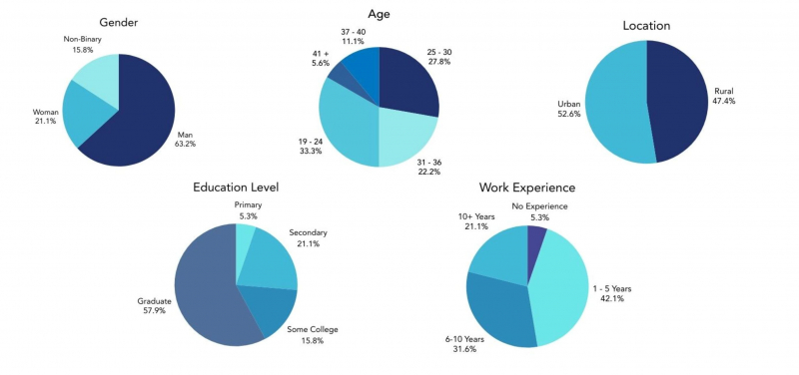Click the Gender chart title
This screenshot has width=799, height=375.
[x=119, y=22]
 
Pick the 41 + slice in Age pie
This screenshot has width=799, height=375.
[x=338, y=78]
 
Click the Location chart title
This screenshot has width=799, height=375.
[x=646, y=25]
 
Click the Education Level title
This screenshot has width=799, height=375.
[x=236, y=187]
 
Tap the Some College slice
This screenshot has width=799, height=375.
[x=272, y=311]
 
